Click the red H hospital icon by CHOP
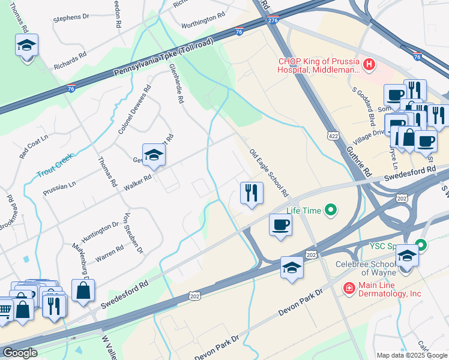pyautogui.click(x=369, y=64)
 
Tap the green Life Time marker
pyautogui.click(x=330, y=210)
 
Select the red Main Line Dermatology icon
pyautogui.click(x=348, y=289)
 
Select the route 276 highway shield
pyautogui.click(x=274, y=21)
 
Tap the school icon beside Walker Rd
pyautogui.click(x=154, y=155)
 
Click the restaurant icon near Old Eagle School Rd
pyautogui.click(x=251, y=193)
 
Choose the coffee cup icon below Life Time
pyautogui.click(x=280, y=225)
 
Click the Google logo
pyautogui.click(x=19, y=353)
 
